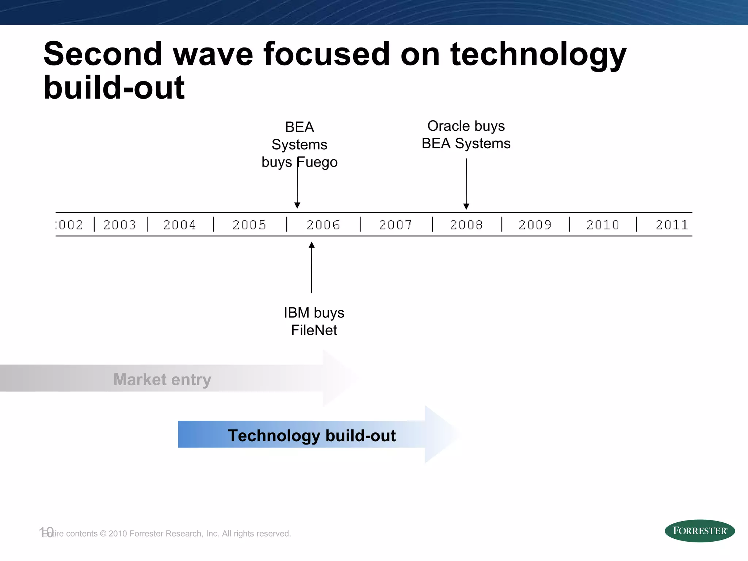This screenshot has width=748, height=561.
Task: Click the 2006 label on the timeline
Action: coord(323,225)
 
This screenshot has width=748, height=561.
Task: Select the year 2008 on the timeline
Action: coord(466,225)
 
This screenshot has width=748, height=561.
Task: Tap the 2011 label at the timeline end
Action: coord(672,225)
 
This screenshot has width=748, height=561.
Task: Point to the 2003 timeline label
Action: coord(120,225)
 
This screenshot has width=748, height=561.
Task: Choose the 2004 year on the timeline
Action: coord(180,225)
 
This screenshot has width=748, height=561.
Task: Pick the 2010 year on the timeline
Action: coord(603,225)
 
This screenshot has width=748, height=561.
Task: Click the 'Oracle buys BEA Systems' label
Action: coord(466,135)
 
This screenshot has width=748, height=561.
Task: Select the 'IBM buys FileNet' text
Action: coord(314,321)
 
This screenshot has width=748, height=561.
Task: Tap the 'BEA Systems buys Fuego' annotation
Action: coord(299,145)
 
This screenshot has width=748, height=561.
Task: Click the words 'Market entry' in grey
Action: coord(162,379)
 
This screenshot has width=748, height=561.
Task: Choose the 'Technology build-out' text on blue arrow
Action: coord(312,435)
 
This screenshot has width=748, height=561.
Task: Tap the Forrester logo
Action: coord(699,531)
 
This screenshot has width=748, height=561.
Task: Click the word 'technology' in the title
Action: coord(538,55)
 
